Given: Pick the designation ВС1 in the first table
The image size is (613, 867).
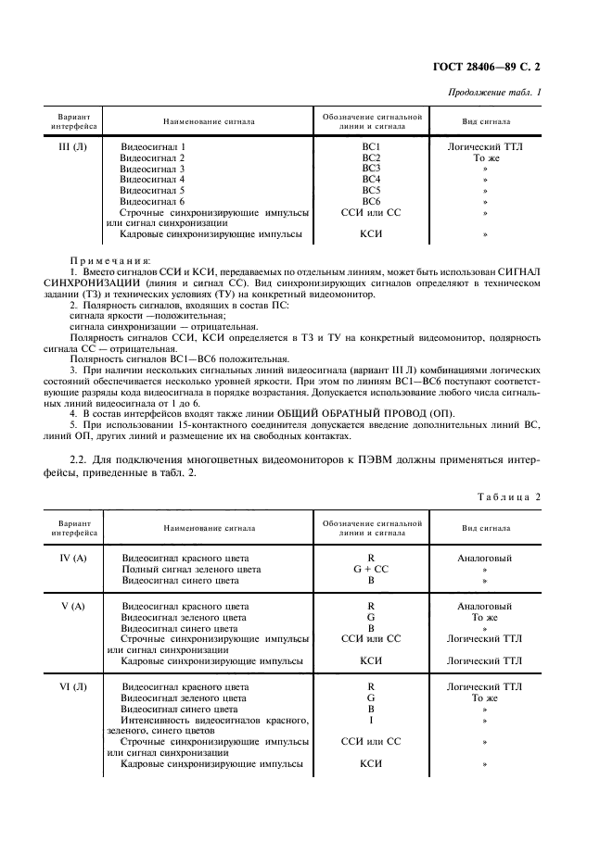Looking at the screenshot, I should (371, 147).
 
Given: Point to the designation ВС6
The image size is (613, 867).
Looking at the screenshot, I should (371, 201).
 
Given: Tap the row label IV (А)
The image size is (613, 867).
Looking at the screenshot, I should (72, 559).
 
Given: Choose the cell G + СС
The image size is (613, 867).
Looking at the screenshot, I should (371, 570).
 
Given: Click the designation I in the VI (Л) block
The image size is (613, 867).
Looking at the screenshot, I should (371, 720).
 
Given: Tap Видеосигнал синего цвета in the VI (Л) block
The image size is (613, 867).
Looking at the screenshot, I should (180, 709).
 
